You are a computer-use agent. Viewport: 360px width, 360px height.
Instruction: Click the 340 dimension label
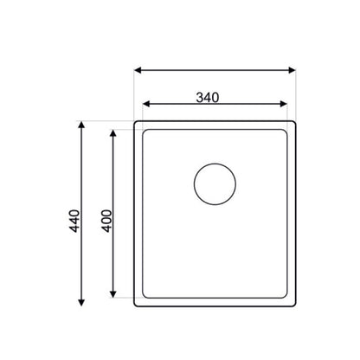[208, 98]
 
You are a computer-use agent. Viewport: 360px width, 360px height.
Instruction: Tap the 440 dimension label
[75, 221]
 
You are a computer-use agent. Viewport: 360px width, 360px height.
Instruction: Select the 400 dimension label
[106, 221]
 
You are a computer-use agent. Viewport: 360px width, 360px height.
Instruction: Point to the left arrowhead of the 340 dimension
[146, 104]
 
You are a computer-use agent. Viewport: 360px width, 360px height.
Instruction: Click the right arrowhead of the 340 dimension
[284, 104]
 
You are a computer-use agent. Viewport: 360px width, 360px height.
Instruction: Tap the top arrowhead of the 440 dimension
[81, 125]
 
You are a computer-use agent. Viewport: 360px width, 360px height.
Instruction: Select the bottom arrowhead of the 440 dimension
[81, 303]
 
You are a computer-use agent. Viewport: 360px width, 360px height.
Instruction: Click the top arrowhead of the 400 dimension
[113, 133]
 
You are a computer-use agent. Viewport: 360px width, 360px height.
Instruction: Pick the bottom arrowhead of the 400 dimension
[113, 294]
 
